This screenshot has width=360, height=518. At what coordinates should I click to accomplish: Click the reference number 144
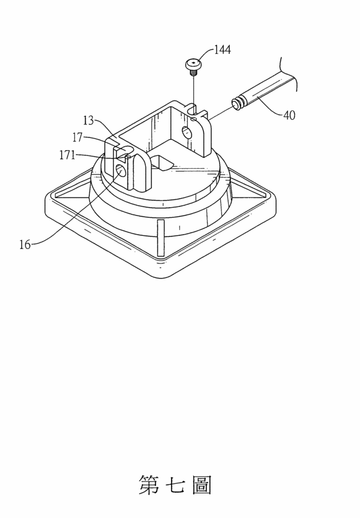(x=223, y=50)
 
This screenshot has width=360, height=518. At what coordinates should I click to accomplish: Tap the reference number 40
(x=289, y=116)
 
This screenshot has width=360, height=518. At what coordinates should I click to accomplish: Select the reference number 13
(x=89, y=121)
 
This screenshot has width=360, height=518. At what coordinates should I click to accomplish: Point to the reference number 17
(x=77, y=137)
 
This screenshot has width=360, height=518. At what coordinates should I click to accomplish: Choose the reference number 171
(x=67, y=155)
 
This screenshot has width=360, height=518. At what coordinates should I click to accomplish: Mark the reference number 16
(x=25, y=245)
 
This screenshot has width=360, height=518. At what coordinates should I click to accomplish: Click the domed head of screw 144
(x=193, y=64)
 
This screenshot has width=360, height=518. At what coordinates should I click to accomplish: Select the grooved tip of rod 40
(x=237, y=103)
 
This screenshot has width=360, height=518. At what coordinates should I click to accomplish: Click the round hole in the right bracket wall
(x=186, y=132)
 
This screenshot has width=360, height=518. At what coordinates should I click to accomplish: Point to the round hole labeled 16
(x=120, y=171)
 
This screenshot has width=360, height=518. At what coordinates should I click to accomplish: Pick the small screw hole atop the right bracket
(x=194, y=118)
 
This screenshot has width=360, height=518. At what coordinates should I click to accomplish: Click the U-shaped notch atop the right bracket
(x=191, y=109)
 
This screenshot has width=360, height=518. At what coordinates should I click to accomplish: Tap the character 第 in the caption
(x=149, y=485)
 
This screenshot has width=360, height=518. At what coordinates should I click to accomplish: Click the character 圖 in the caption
(x=202, y=485)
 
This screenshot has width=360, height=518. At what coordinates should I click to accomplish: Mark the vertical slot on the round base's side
(x=161, y=238)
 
